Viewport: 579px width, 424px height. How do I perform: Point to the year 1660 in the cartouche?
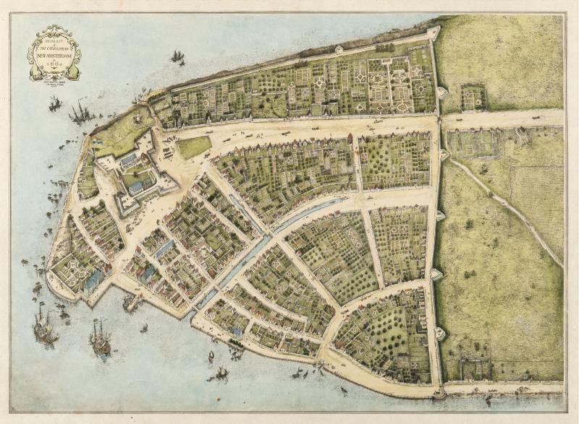[54, 62]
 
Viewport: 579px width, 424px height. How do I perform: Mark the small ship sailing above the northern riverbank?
[177, 56]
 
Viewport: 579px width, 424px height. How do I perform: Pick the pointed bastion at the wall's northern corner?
[434, 32]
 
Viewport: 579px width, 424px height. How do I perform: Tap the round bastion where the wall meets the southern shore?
[439, 394]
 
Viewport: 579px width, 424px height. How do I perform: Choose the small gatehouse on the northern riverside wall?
[339, 49]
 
